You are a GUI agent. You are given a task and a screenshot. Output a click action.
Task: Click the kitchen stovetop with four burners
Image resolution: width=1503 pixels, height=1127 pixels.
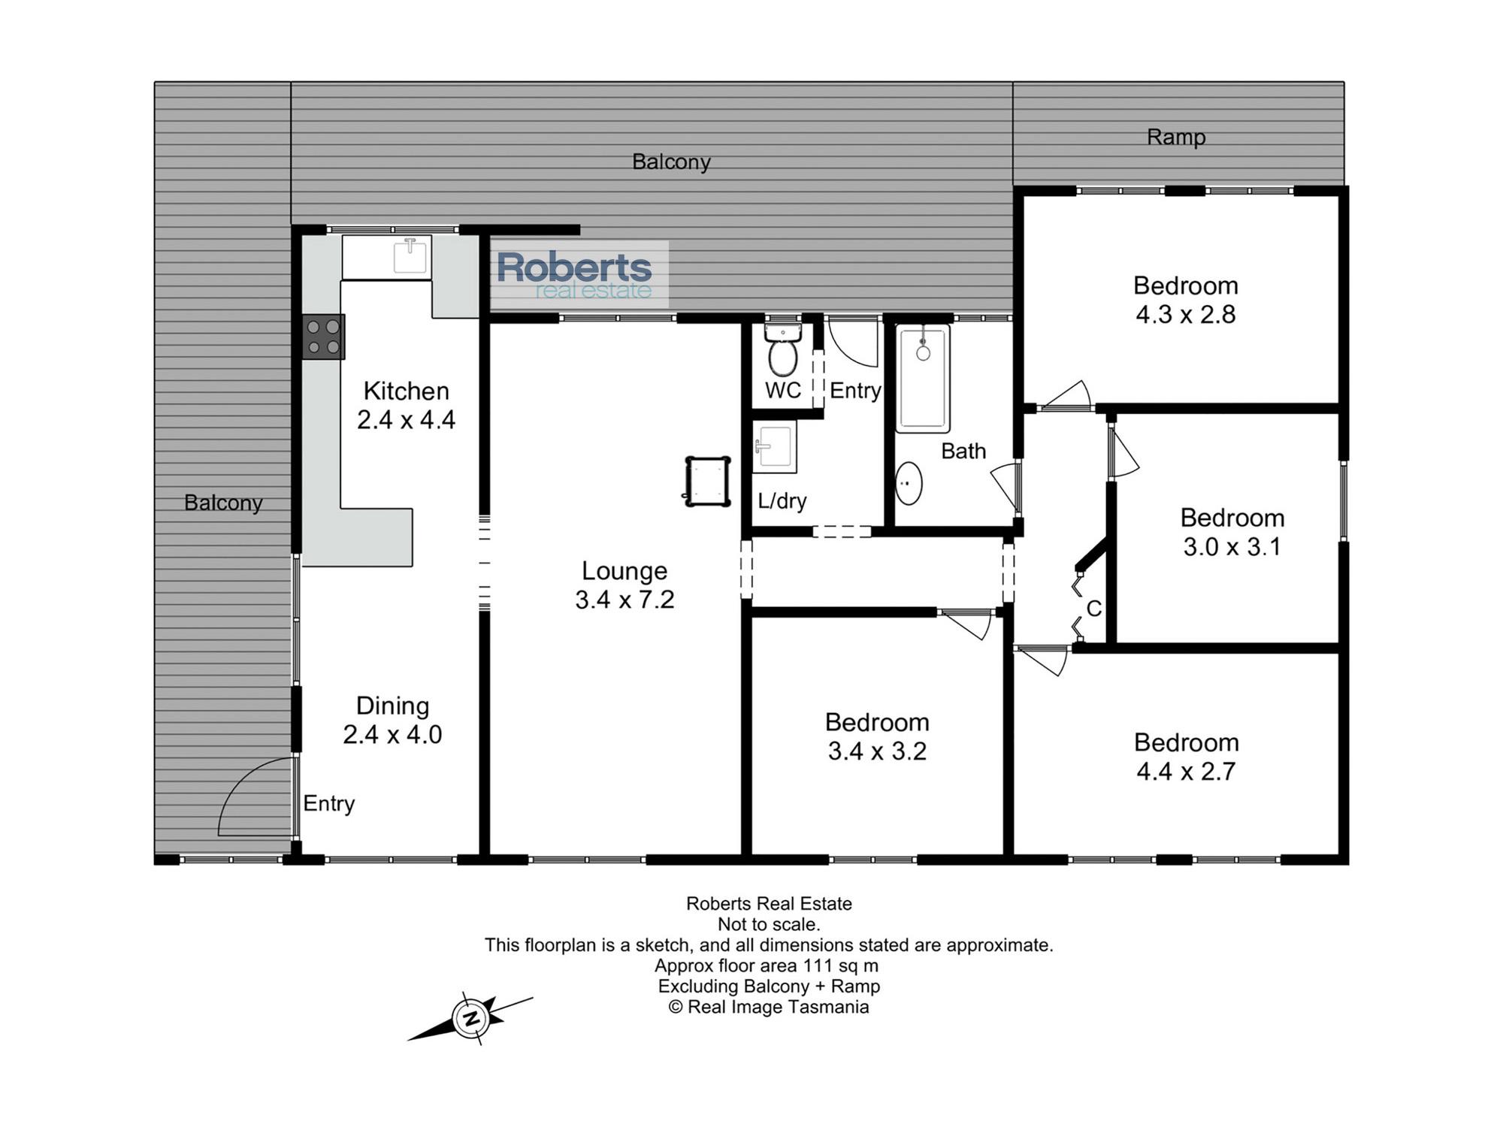point(324,337)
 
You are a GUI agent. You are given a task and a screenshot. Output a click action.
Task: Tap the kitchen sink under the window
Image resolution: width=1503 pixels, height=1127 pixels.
point(410,256)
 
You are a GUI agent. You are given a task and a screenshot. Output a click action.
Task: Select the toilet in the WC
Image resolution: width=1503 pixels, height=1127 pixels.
point(783,350)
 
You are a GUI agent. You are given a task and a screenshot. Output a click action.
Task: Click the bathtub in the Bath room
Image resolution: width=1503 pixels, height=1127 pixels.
point(922,378)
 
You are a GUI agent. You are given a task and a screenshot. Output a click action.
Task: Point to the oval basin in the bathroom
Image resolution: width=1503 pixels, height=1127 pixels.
point(909,483)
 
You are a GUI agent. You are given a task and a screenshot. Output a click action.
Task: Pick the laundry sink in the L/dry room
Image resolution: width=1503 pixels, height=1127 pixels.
point(774,446)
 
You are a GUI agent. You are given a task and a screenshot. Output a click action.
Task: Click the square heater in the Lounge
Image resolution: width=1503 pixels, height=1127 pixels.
point(707,481)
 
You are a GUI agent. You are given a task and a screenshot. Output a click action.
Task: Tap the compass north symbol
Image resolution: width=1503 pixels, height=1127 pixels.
point(471,1018)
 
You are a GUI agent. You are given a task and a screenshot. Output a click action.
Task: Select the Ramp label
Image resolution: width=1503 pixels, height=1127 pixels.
point(1176,137)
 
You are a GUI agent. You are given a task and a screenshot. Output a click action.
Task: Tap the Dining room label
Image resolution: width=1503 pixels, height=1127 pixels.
point(392,706)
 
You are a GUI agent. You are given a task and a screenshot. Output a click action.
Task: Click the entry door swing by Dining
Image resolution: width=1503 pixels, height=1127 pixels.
point(256,796)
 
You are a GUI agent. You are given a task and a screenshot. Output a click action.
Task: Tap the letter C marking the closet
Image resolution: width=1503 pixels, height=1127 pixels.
point(1094,609)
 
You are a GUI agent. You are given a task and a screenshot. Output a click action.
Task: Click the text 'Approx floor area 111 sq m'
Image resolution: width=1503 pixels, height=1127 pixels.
point(767,965)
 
